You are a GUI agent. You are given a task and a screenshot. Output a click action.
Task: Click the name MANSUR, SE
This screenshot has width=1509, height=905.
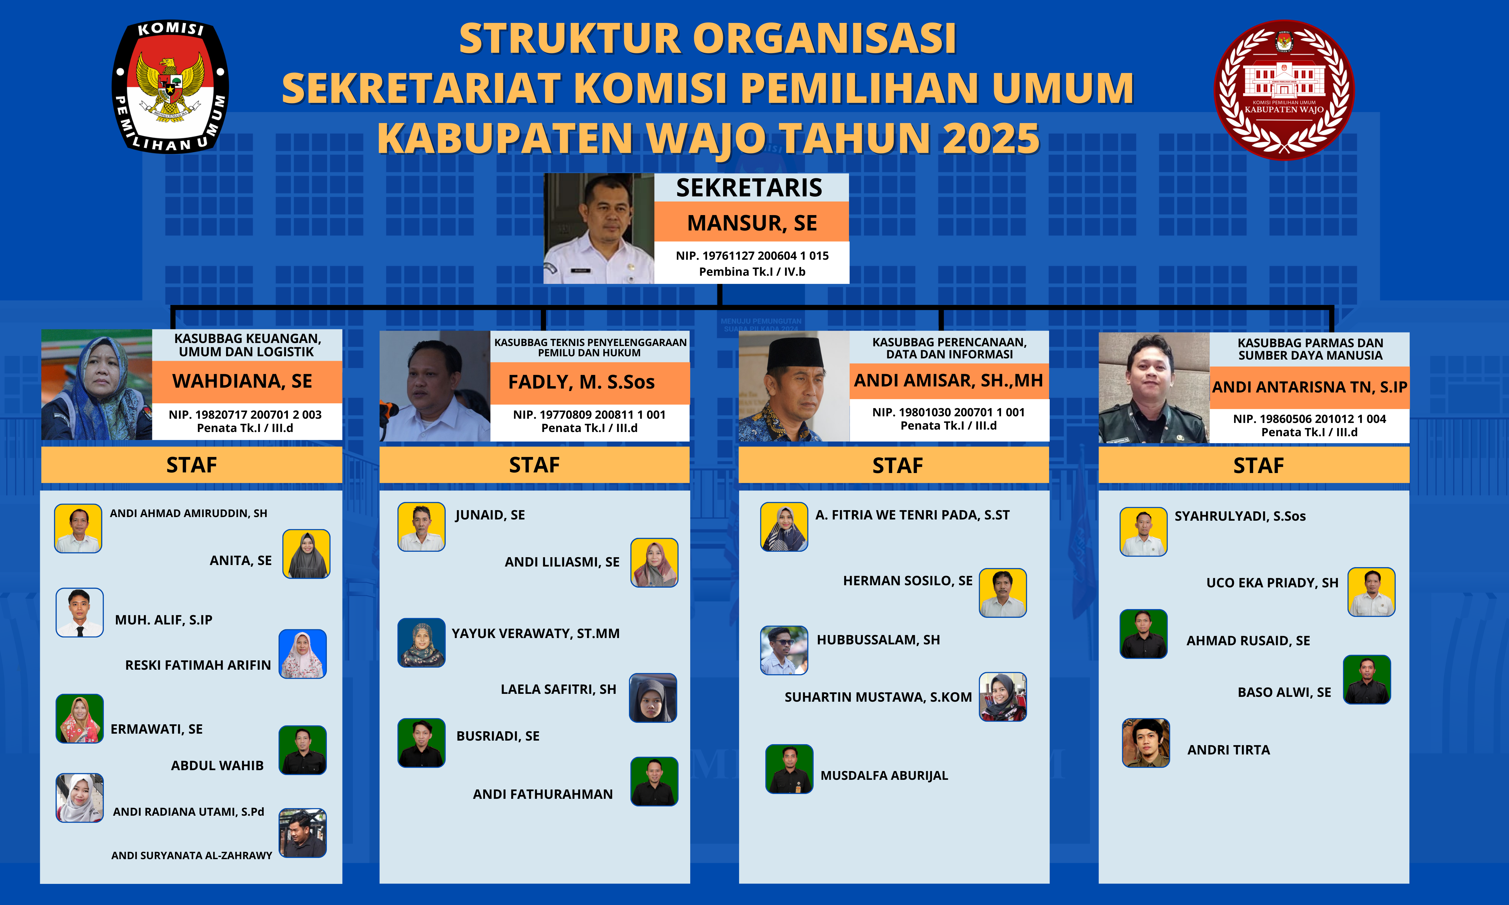point(752,223)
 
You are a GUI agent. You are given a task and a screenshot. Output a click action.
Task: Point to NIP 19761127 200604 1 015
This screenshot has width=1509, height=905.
point(752,256)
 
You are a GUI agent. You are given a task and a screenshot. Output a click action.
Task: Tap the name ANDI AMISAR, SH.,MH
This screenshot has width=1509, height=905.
point(949,380)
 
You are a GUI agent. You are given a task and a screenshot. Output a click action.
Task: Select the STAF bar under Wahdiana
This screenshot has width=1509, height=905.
point(192,465)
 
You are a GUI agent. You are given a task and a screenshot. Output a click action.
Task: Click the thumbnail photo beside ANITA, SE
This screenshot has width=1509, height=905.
point(306,554)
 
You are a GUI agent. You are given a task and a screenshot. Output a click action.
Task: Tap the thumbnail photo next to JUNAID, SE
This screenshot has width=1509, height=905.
point(422,527)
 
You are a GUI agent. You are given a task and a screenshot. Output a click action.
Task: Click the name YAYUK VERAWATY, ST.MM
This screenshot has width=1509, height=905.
point(535,634)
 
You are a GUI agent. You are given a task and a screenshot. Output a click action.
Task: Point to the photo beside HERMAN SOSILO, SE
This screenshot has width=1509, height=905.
point(1003,593)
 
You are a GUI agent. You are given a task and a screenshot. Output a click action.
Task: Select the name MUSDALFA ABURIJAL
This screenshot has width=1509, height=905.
point(884,776)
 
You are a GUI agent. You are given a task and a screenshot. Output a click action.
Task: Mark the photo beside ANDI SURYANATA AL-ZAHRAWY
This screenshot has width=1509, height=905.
point(302,833)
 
